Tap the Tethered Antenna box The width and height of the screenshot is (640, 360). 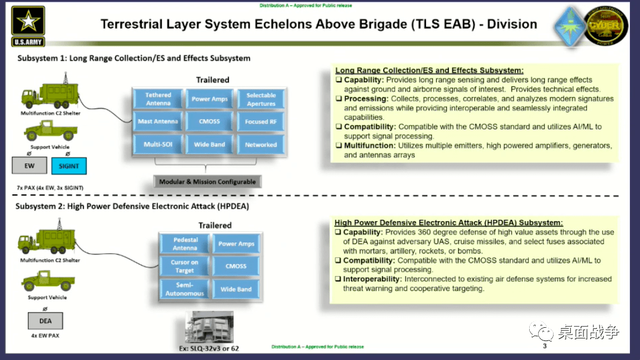pos(159,99)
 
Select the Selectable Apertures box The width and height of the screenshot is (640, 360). pos(261,100)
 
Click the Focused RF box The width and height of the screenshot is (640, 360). pos(261,122)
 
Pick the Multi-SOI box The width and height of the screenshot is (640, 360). pos(159,144)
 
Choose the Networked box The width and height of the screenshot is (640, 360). pos(261,144)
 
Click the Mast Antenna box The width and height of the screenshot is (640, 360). pos(159,122)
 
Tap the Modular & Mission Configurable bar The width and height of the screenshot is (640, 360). pos(207,182)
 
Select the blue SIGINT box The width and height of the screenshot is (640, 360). pos(69,166)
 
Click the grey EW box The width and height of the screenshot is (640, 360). pos(29,166)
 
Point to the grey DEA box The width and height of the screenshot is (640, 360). pos(45,321)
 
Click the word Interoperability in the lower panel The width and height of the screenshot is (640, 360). pos(372,279)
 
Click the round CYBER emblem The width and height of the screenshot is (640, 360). pos(605,26)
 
